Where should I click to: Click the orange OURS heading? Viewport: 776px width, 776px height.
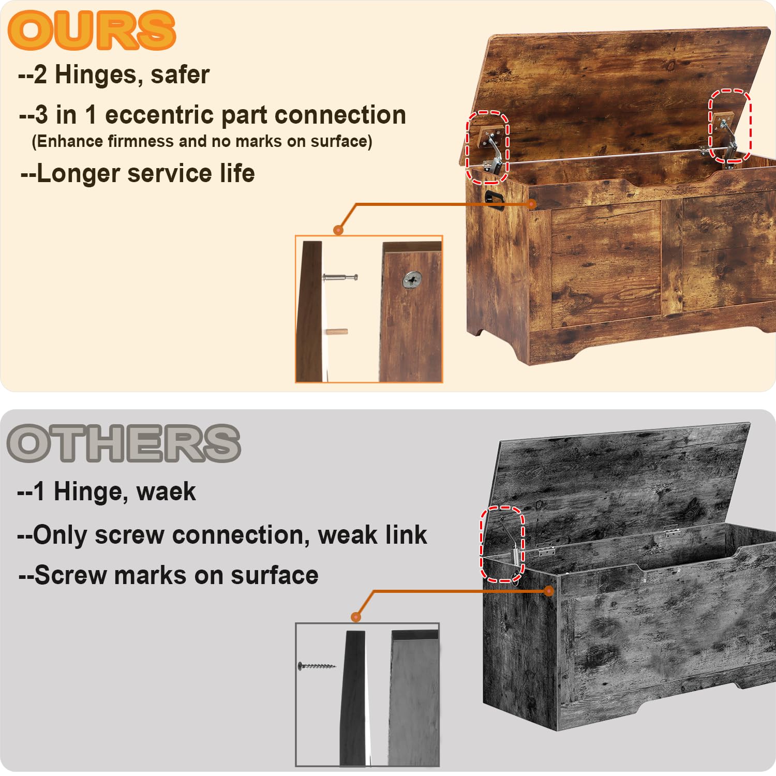point(92,30)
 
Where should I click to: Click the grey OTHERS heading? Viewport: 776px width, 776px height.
point(124,443)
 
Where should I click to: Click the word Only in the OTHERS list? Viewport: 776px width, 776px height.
point(59,535)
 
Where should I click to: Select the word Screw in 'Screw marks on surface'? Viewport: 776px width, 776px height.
point(70,575)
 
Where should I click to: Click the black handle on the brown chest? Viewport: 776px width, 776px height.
point(494,199)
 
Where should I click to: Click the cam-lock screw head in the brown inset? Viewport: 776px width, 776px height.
point(412,280)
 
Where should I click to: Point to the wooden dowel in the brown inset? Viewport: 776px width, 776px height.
point(336,332)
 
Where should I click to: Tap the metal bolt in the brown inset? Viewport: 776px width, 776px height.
point(340,278)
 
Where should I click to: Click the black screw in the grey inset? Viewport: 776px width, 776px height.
point(317,666)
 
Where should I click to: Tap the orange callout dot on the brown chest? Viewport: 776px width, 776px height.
point(532,204)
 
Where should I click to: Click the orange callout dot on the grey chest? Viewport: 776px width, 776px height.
point(549,591)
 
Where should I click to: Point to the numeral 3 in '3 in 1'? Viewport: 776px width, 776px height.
point(41,115)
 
